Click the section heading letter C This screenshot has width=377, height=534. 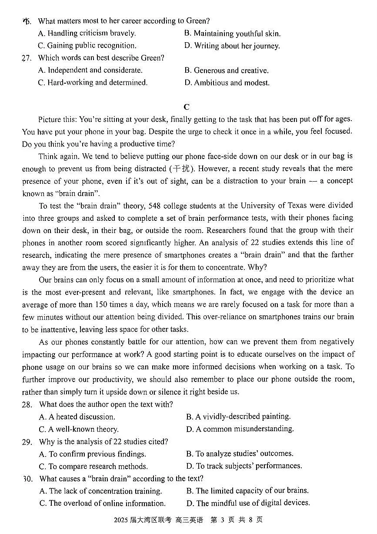coord(187,107)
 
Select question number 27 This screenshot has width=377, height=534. coord(27,58)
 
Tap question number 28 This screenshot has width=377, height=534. coord(27,405)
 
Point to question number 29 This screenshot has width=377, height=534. coord(27,442)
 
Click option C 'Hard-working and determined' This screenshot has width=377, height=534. coord(93,82)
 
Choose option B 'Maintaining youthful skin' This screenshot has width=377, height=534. coord(232,34)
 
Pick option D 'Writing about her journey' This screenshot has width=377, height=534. coord(232,46)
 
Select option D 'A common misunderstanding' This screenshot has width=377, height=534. coord(240,429)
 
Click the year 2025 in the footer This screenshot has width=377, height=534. coord(121,520)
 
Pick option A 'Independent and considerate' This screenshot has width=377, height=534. coord(90,70)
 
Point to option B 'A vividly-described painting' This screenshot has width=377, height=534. coord(238,417)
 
